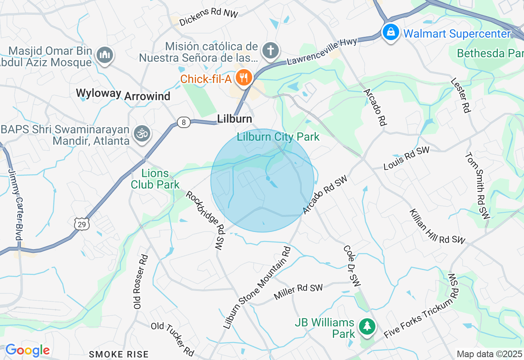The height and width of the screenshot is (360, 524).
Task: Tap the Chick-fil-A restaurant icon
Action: (244, 77)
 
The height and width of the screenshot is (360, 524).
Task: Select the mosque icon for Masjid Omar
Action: (105, 55)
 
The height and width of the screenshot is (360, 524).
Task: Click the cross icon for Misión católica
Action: (271, 51)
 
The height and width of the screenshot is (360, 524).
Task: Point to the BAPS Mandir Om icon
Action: (143, 134)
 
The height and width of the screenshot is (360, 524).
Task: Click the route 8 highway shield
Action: (184, 122)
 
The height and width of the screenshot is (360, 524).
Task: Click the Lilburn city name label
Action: (235, 119)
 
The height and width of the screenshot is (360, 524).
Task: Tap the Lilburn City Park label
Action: (278, 137)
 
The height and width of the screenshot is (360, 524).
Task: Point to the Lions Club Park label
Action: (155, 179)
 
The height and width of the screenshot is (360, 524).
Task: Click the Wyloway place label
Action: (99, 94)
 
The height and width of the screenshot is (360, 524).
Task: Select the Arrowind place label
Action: (147, 97)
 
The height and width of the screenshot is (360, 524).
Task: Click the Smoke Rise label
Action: (119, 354)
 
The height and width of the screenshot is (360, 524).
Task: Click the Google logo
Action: (27, 351)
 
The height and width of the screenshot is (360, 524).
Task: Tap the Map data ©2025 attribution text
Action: (489, 354)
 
